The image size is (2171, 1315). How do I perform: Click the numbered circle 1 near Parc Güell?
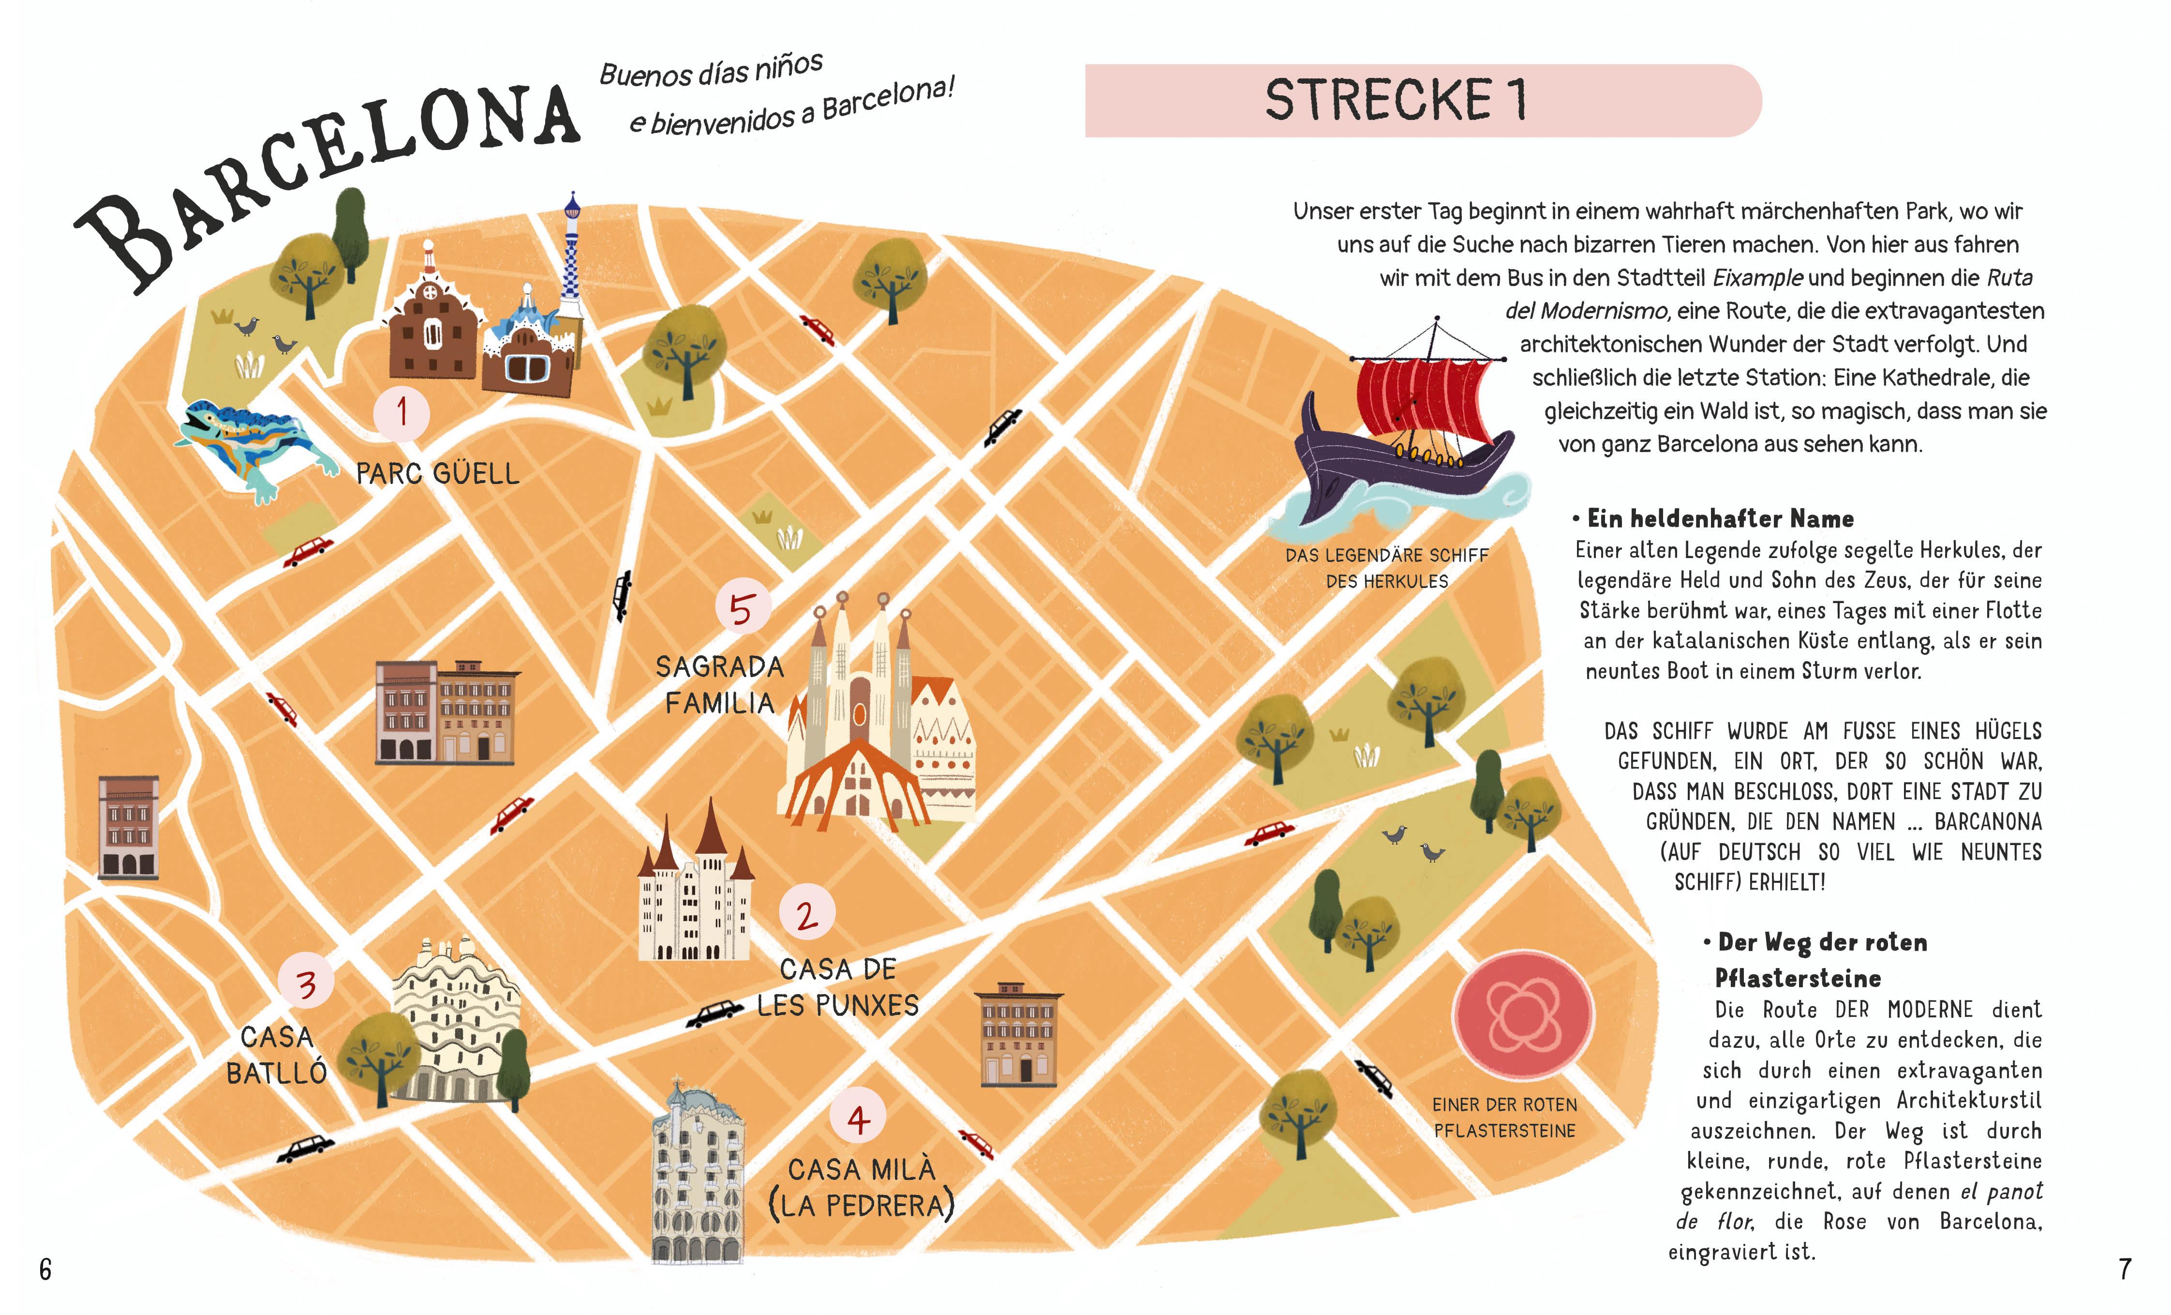[402, 412]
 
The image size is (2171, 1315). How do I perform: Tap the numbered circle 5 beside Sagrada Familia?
[743, 608]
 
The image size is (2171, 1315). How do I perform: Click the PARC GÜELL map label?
[438, 474]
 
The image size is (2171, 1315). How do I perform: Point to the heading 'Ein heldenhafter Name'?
[1720, 518]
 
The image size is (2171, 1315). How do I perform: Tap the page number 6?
[46, 1269]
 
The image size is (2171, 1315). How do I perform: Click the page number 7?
[2124, 1269]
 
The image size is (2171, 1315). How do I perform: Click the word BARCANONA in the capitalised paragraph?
[1988, 821]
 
